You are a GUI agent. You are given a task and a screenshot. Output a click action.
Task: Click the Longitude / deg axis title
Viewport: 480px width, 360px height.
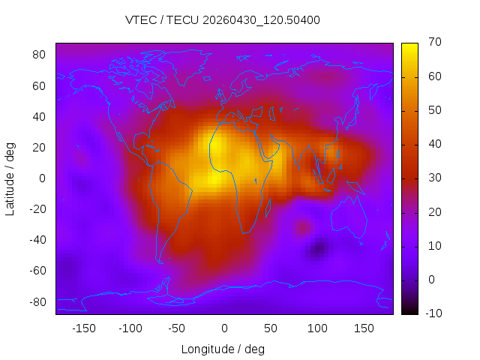(223, 349)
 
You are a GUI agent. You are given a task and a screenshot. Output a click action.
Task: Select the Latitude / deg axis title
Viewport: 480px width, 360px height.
(10, 179)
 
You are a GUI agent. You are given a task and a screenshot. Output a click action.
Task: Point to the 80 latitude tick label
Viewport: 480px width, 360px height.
(39, 55)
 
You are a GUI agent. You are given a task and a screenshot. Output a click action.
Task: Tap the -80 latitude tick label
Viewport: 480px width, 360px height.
(37, 302)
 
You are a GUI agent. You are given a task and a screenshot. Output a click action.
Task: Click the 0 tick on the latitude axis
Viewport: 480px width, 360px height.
(42, 178)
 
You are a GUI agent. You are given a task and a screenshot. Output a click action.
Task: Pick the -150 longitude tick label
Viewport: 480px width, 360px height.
(84, 328)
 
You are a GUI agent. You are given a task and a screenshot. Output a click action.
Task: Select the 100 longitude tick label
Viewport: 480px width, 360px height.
(317, 328)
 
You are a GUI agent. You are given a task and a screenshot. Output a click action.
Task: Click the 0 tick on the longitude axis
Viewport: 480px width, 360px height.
(224, 328)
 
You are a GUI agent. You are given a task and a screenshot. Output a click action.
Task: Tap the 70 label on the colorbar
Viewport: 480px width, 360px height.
(435, 42)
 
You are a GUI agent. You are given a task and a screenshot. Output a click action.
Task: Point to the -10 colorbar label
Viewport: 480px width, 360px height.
(433, 313)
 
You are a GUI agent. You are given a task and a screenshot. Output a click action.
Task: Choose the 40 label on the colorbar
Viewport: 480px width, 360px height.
(435, 143)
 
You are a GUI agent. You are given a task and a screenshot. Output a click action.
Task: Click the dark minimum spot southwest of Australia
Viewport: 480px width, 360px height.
(318, 249)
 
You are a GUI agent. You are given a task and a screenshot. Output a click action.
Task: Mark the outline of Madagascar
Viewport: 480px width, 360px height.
(266, 211)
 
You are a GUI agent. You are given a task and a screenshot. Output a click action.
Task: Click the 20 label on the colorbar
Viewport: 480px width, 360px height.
(435, 211)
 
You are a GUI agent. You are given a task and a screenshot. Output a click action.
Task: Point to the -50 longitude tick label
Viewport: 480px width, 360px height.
(177, 328)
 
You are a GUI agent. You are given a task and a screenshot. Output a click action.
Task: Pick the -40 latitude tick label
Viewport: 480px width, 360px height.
(37, 240)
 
